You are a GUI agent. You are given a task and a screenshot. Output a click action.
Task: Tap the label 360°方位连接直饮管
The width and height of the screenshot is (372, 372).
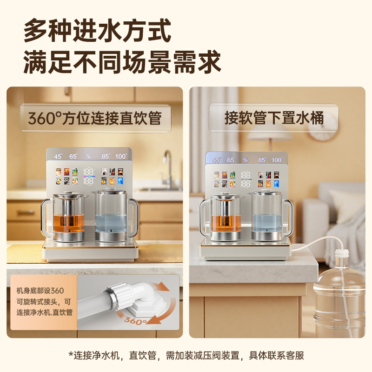[x=95, y=118]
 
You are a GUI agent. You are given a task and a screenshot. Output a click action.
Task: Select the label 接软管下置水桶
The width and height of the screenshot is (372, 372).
[x=274, y=118]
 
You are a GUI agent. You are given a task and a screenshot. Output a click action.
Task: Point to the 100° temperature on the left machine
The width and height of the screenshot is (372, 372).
[x=120, y=157]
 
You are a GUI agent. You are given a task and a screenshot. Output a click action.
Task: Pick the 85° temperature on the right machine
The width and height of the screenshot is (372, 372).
[x=262, y=160]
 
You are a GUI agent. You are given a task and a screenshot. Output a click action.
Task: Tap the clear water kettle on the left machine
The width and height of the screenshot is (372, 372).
[x=111, y=216]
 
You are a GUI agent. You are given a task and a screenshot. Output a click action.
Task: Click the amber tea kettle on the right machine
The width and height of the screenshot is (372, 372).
[x=226, y=219]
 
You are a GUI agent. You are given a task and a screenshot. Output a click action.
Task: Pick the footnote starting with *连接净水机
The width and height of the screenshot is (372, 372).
[x=186, y=356]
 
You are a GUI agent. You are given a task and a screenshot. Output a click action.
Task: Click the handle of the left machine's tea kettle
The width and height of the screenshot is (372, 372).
[x=46, y=216]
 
